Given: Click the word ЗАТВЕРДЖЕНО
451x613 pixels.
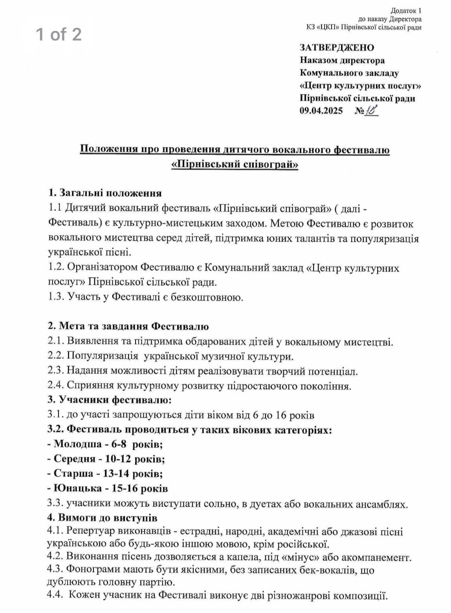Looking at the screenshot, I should pos(337,48).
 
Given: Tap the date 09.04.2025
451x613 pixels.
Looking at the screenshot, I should pos(321,111).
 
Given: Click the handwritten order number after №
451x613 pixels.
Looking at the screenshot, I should pos(371,110).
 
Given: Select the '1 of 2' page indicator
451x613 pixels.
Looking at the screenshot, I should pos(59,34).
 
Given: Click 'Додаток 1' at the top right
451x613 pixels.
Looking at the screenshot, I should pos(406,11).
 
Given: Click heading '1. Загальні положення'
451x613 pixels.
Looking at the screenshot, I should pos(104,193).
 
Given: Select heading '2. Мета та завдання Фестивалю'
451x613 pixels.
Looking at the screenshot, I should pos(128,326).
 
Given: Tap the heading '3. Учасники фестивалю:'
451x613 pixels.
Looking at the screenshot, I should pos(110,400).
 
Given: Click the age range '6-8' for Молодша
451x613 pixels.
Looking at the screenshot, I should pos(117,445).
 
